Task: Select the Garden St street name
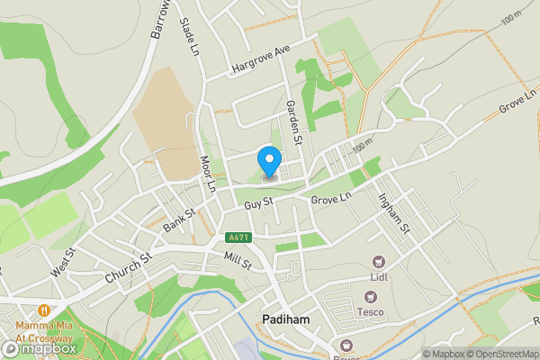click(x=293, y=121)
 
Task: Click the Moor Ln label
click(x=207, y=174)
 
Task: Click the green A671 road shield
click(x=237, y=237)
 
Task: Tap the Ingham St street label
click(x=394, y=216)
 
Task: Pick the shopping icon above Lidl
click(x=378, y=262)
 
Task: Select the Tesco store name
click(x=371, y=312)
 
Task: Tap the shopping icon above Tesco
click(x=369, y=296)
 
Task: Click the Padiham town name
click(x=285, y=319)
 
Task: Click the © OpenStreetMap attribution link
click(x=500, y=354)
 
